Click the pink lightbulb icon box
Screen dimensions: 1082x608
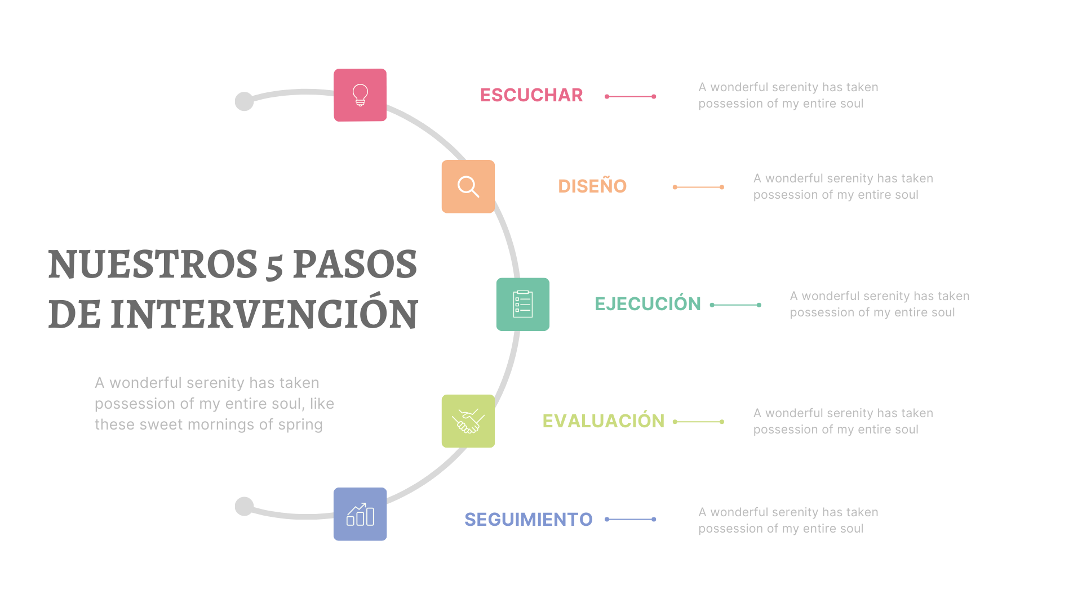coord(360,95)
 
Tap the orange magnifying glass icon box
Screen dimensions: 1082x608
coord(468,186)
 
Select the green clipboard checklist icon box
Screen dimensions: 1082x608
coord(523,305)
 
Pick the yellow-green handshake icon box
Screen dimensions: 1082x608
coord(468,421)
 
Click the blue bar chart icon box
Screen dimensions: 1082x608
coord(360,514)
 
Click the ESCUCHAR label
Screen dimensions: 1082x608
coord(531,95)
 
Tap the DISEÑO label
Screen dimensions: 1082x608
coord(592,185)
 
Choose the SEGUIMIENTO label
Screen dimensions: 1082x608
coord(529,519)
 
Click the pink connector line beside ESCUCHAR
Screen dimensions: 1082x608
coord(630,97)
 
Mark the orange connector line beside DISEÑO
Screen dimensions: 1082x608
coord(698,187)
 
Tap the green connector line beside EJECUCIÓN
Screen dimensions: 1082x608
coord(735,305)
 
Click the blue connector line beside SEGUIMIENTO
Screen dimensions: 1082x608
coord(630,519)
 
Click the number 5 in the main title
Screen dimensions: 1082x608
coord(274,267)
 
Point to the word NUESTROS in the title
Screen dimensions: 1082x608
coord(153,264)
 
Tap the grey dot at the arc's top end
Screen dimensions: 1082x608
coord(244,102)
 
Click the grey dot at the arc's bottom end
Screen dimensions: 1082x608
coord(244,506)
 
